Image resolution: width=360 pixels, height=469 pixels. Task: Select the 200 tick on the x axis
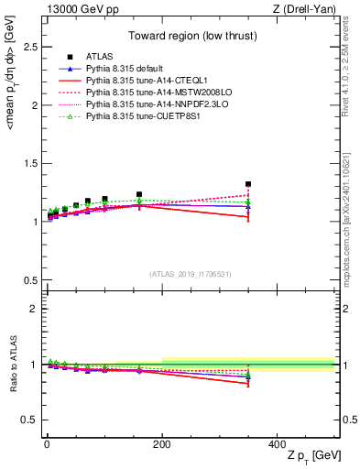(161, 444)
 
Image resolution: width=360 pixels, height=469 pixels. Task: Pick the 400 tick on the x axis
(277, 444)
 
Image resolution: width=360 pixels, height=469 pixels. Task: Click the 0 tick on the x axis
(46, 444)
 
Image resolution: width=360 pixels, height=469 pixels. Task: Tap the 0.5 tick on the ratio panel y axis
(29, 420)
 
